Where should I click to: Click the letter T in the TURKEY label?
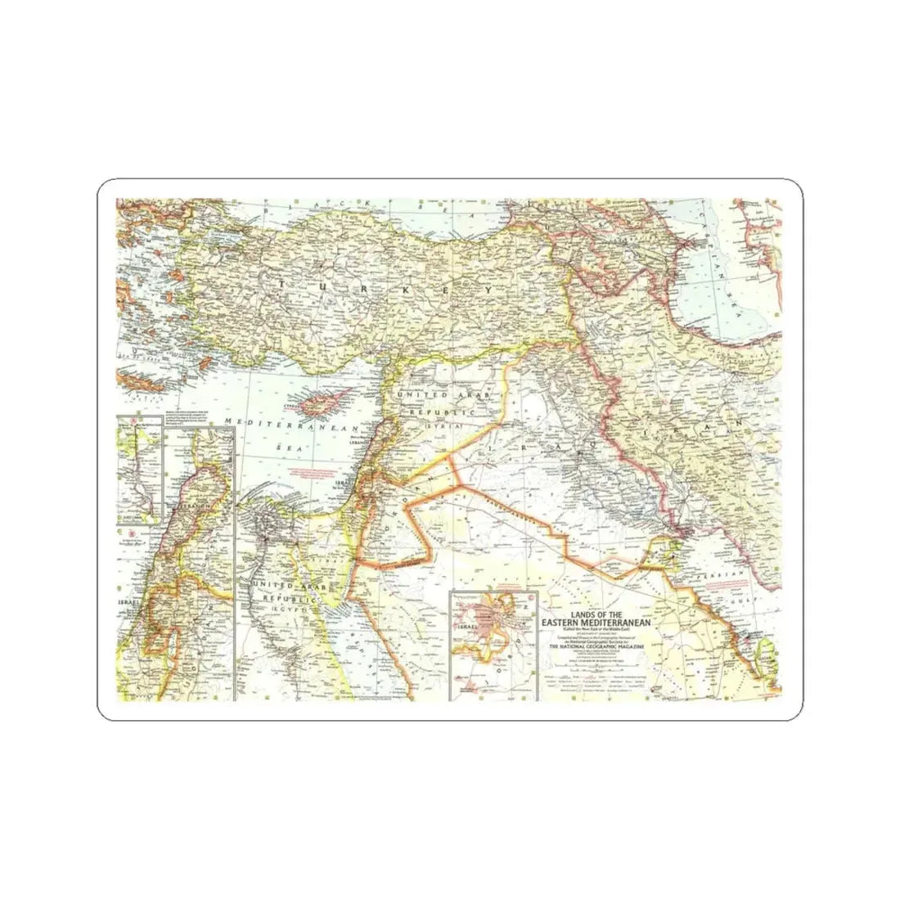point(283,284)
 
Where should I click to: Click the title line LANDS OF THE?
point(591,613)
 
